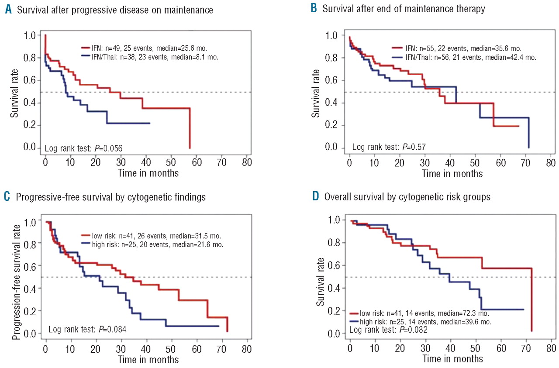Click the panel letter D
coord(316,196)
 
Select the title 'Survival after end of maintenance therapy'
coord(404,10)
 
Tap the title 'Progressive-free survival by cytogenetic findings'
coord(111,196)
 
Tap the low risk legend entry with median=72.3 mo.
coord(424,313)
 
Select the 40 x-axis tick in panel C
coord(146,349)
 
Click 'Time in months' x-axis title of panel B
coord(452,174)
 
